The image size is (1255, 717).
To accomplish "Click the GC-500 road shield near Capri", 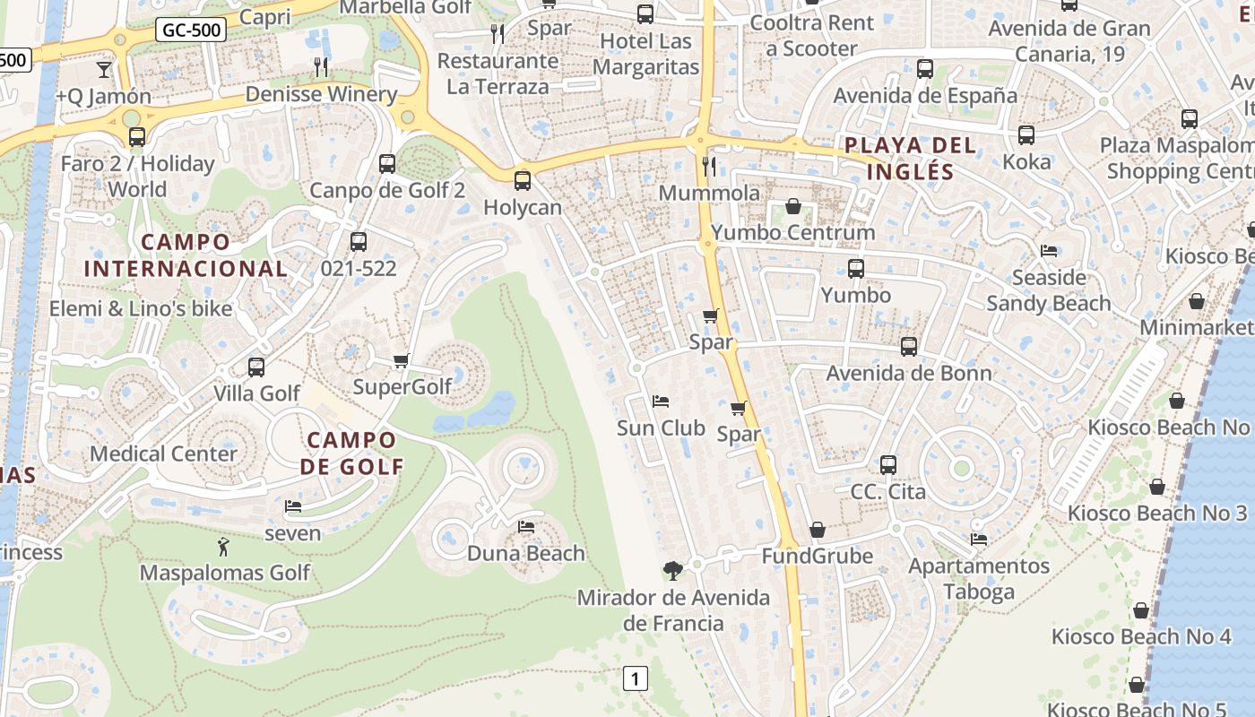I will point(191,30).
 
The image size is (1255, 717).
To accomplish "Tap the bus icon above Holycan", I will point(523,181).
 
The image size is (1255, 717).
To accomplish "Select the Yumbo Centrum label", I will point(792,233).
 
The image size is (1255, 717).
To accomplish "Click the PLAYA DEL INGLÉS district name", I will point(910,158).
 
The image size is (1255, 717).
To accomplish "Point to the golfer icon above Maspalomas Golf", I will point(223,546).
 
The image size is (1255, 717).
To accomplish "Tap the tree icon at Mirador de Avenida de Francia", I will point(672,570).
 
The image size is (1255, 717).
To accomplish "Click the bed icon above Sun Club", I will point(661,402).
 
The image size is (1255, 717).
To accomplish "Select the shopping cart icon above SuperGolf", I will point(401,360).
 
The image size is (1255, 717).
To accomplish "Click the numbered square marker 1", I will point(635,678).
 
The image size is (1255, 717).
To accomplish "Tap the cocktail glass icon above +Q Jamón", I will point(104,69).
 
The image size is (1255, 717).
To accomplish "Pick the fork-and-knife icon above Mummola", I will point(709,166).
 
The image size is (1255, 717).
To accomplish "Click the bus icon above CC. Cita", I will point(887,465).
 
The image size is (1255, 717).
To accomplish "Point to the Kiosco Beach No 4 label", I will point(1141,637).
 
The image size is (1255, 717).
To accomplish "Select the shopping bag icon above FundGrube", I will point(817,531).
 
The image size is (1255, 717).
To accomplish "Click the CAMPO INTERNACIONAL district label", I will point(186,255).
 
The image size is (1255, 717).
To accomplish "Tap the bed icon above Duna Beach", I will point(526,526).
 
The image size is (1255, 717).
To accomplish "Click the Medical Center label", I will point(163,454).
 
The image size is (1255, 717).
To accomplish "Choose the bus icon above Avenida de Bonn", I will point(909,347).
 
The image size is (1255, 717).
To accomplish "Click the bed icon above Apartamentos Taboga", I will point(978,540).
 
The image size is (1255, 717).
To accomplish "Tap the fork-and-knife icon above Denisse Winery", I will point(321,67).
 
